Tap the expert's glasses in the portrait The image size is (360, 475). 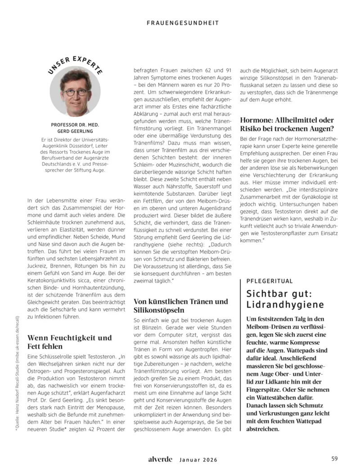pyautogui.click(x=75, y=92)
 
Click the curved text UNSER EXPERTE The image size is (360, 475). pyautogui.click(x=75, y=63)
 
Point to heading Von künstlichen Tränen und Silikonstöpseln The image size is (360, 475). pyautogui.click(x=181, y=305)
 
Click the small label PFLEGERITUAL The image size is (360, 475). pyautogui.click(x=270, y=281)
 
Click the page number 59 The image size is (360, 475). pyautogui.click(x=334, y=459)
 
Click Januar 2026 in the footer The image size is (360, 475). pyautogui.click(x=198, y=459)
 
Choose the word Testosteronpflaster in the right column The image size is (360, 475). pyautogui.click(x=293, y=234)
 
